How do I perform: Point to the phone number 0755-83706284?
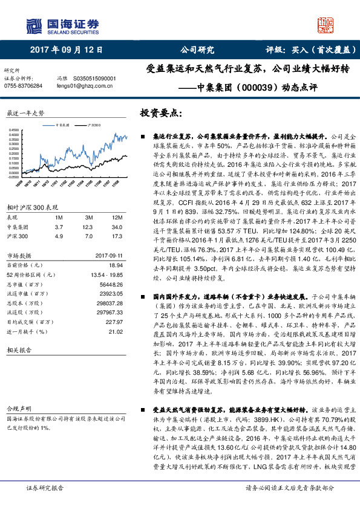pyautogui.click(x=23, y=86)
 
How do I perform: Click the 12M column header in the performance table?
pyautogui.click(x=110, y=216)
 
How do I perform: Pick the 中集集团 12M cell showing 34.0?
pyautogui.click(x=110, y=227)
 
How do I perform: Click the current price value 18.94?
pyautogui.click(x=115, y=265)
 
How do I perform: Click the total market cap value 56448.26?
pyautogui.click(x=111, y=284)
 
